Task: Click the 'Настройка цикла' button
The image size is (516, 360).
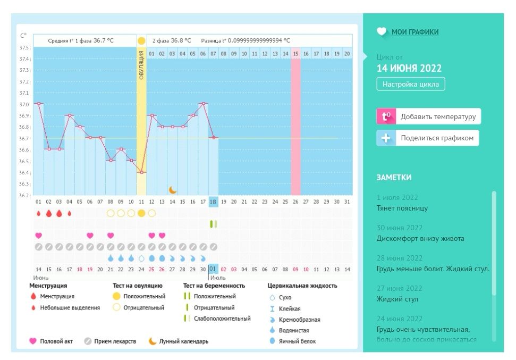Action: pyautogui.click(x=411, y=84)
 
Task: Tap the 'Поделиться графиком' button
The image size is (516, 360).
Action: pyautogui.click(x=428, y=138)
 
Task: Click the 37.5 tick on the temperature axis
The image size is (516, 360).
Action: pyautogui.click(x=24, y=47)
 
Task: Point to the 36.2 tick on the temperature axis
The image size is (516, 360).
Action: pyautogui.click(x=24, y=195)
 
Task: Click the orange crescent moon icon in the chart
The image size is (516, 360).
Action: pyautogui.click(x=173, y=189)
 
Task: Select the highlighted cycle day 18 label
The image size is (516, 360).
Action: pyautogui.click(x=213, y=202)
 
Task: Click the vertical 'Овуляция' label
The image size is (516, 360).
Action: pyautogui.click(x=141, y=65)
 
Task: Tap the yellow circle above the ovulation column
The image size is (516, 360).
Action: pyautogui.click(x=141, y=40)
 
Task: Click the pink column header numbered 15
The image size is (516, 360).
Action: pyautogui.click(x=295, y=54)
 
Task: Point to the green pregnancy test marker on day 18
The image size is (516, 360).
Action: pyautogui.click(x=213, y=224)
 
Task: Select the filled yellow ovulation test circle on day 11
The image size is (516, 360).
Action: pyautogui.click(x=141, y=213)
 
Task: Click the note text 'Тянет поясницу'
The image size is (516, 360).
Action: pyautogui.click(x=402, y=208)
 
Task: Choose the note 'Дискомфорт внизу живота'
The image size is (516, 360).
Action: pyautogui.click(x=420, y=238)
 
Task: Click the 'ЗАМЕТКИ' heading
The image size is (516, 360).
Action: pyautogui.click(x=394, y=178)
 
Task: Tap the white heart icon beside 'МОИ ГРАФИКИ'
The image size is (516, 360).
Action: pyautogui.click(x=382, y=32)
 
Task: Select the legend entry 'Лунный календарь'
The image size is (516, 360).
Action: pyautogui.click(x=183, y=341)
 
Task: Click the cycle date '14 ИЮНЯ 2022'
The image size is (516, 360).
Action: pyautogui.click(x=409, y=68)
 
